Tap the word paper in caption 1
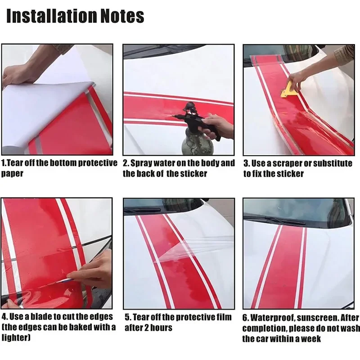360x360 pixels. pyautogui.click(x=12, y=173)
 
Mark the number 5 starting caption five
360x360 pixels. pyautogui.click(x=127, y=317)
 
